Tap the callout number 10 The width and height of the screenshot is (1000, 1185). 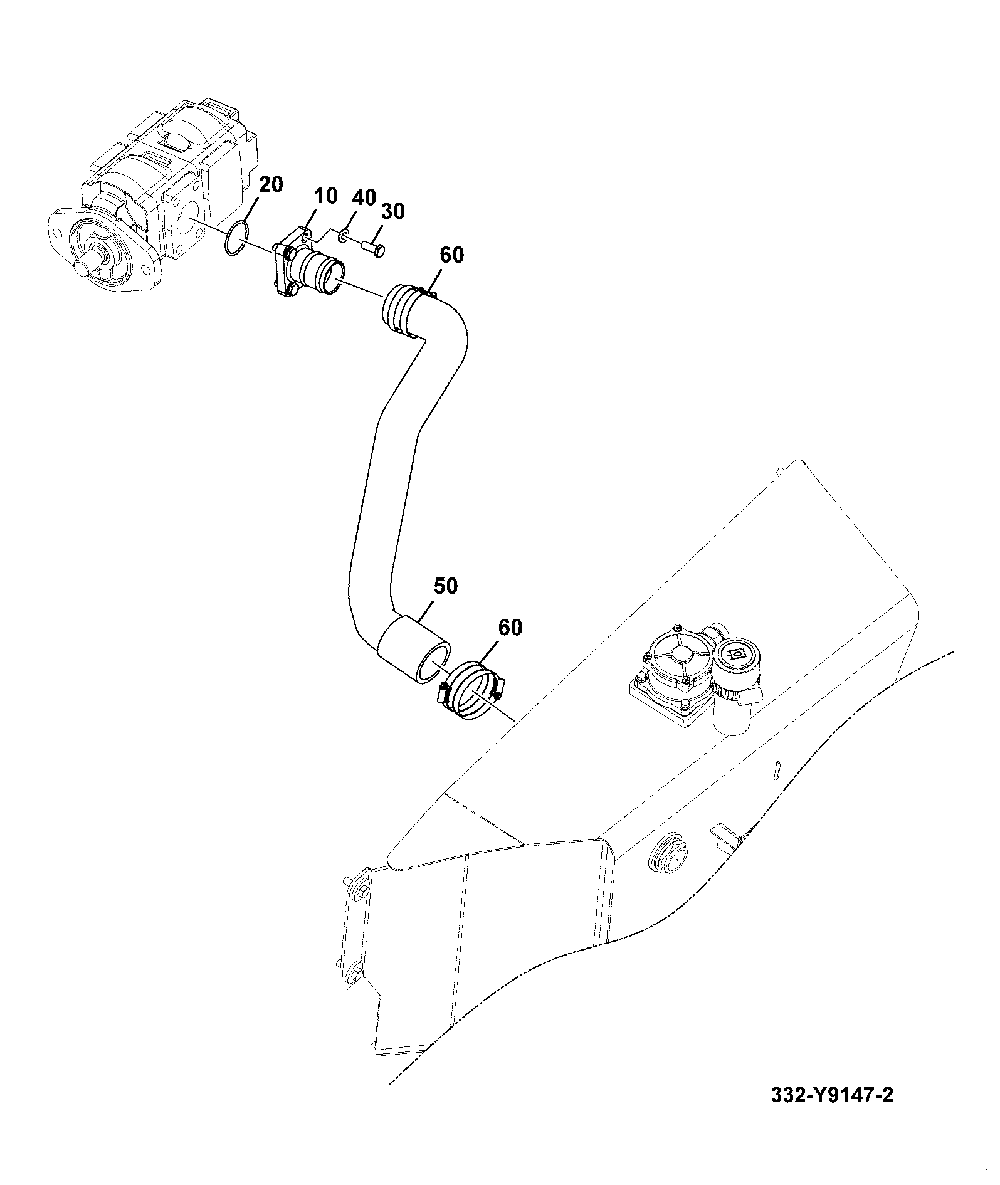(325, 196)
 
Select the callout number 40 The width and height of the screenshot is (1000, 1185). (364, 197)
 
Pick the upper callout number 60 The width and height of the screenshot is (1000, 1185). (451, 255)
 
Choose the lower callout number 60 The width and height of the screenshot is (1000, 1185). (510, 627)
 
